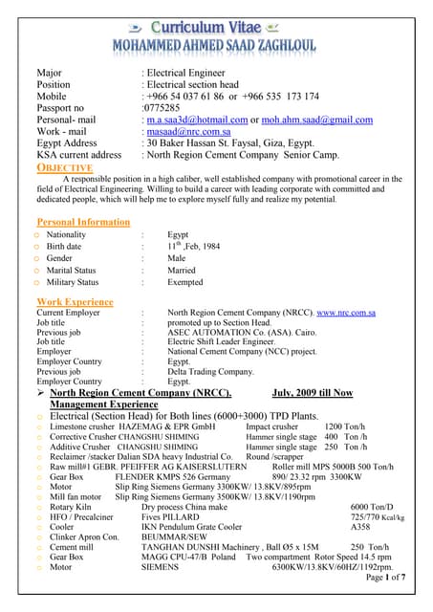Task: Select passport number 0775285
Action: coord(162,108)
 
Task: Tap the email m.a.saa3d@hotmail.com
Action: coord(197,120)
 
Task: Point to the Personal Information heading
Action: coord(83,222)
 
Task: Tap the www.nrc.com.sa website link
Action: coord(345,313)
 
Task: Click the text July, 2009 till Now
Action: coord(312,393)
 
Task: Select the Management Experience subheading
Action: coord(104,404)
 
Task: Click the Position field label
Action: coord(54,84)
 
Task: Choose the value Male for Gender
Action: coord(177,258)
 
